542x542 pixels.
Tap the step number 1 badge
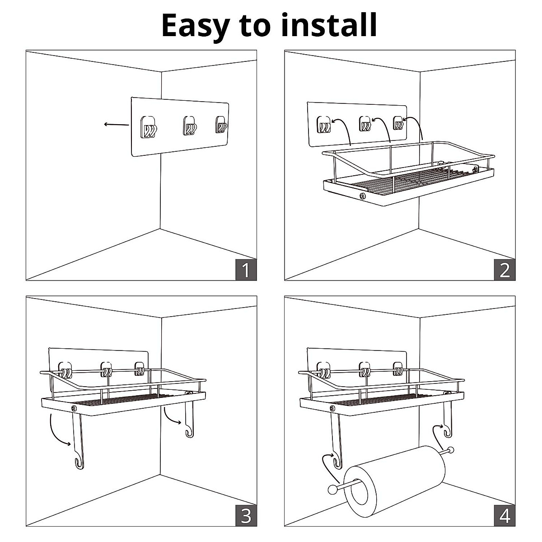point(246,270)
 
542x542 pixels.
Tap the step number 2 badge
point(505,270)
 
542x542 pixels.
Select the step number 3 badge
point(246,515)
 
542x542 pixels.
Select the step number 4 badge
point(505,515)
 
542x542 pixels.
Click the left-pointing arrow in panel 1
point(116,125)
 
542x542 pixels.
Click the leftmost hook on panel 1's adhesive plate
point(149,127)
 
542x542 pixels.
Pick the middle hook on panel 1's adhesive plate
point(190,126)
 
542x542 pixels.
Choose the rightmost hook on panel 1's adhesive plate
point(221,125)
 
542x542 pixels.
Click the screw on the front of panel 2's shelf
point(362,196)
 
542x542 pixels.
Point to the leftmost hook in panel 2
point(323,125)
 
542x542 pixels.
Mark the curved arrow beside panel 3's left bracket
point(58,430)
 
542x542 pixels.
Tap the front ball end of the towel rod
point(332,489)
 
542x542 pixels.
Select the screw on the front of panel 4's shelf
point(332,408)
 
